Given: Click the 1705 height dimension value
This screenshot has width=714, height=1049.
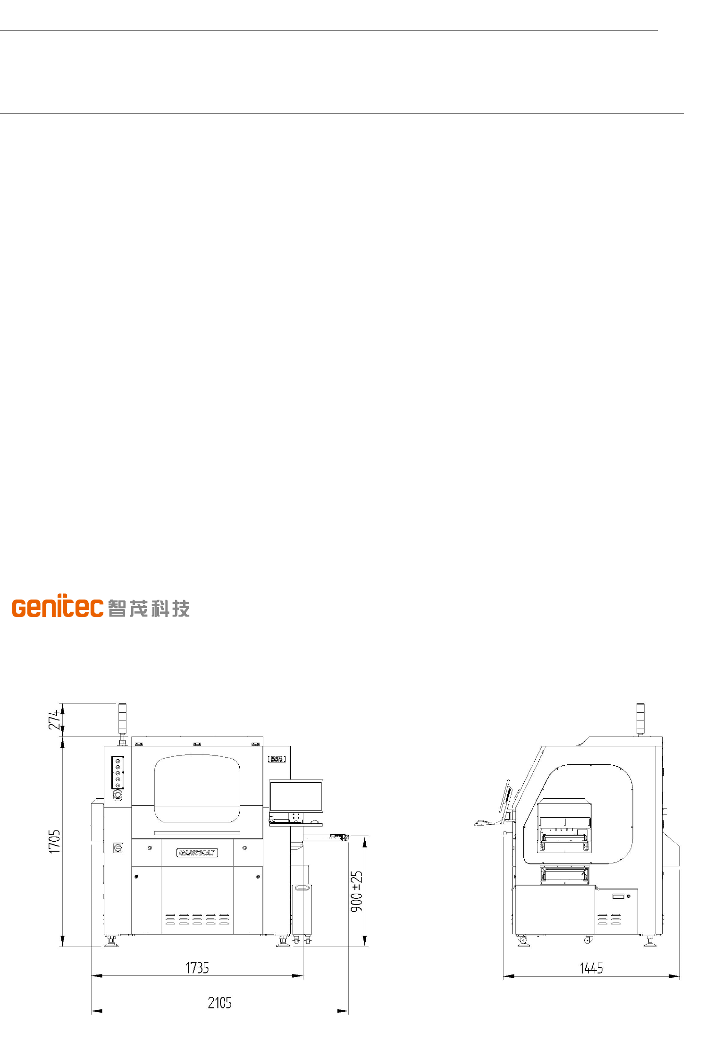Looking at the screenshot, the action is pos(55,842).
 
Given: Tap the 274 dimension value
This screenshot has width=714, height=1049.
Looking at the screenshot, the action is pos(55,719).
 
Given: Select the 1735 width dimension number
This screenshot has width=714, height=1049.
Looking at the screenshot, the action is pos(197,968).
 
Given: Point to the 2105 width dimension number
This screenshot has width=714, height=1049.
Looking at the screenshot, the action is pos(219,1003).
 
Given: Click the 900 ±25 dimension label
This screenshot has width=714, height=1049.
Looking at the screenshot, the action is pos(357,891).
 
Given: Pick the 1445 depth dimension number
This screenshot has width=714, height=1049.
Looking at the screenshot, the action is pos(591,969).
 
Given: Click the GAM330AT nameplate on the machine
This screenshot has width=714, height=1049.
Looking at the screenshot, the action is pos(197,853).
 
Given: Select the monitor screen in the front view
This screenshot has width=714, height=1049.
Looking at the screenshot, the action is pos(296,796).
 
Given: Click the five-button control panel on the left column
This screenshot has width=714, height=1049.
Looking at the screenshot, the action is pos(118,772).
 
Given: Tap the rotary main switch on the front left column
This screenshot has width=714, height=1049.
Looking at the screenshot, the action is pos(118,847).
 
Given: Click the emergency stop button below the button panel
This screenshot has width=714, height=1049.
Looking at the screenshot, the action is pos(118,795).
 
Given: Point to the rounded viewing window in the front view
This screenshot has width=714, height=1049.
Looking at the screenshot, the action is pos(197,788).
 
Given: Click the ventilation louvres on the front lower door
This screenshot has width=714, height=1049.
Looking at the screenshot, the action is pos(197,919).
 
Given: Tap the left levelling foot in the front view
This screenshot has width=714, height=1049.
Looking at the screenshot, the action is pos(111,942).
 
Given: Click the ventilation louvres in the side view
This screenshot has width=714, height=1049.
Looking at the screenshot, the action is pos(609,919).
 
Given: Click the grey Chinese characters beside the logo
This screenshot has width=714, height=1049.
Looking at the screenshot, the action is pos(149,608).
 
